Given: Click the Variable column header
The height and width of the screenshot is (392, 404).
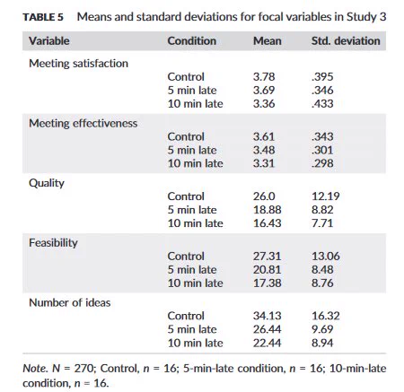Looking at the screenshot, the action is pos(49,41).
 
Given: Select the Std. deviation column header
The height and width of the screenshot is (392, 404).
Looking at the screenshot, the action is pos(346,41).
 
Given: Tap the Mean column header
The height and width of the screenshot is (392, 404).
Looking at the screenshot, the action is pos(268,41).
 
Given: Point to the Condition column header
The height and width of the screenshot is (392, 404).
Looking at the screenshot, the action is pos(192,41).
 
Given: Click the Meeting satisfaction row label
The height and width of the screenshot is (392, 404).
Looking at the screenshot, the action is pos(78,64).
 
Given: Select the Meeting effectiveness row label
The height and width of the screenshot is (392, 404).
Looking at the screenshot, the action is pos(83,123).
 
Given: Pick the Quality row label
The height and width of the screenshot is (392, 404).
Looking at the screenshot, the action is pos(47,183).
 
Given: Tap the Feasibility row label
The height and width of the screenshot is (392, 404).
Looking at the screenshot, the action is pos(53,243).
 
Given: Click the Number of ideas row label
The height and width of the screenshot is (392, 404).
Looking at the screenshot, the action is pos(70,302).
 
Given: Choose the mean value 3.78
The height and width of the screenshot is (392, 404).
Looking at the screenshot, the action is pos(264,77).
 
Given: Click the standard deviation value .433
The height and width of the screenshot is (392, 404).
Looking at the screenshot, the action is pos(322,104).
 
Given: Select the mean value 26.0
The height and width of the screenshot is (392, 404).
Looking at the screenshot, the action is pos(264,196).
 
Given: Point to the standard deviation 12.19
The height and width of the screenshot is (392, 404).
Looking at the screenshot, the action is pos(326,196).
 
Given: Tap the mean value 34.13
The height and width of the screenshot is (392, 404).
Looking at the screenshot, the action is pos(268,316).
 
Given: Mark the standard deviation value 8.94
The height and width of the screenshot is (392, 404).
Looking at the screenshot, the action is pos(322,343).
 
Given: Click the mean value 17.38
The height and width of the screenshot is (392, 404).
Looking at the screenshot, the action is pos(268,283).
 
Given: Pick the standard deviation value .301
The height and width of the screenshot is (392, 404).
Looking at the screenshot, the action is pos(322,150).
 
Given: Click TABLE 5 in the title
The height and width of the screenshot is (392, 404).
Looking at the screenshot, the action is pos(43,17).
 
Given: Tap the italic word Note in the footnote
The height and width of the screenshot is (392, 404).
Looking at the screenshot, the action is pos(34,369).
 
